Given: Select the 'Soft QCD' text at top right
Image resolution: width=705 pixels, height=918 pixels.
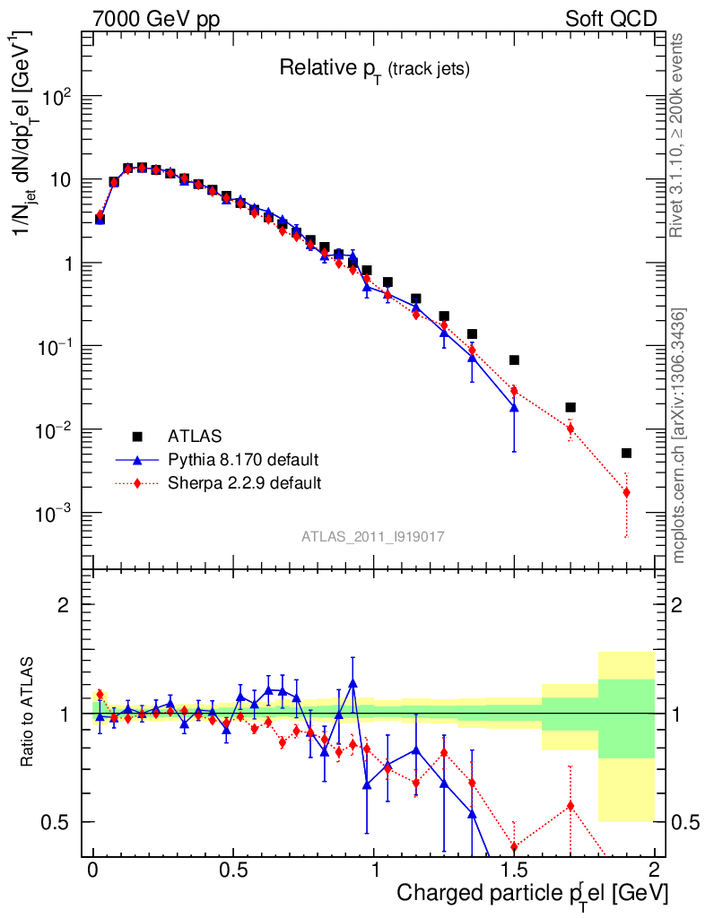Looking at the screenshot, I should (x=611, y=19).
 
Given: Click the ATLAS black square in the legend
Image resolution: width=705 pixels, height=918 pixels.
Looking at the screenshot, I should (x=138, y=437).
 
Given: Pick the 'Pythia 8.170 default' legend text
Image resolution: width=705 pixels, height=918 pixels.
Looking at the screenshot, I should (x=243, y=460).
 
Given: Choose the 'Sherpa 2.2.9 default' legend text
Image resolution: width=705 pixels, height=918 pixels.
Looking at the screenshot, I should (x=245, y=483).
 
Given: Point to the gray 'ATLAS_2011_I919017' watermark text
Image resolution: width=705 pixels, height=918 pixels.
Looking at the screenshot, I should (x=373, y=536).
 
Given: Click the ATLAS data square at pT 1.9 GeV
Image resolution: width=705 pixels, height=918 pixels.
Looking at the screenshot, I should (x=626, y=453).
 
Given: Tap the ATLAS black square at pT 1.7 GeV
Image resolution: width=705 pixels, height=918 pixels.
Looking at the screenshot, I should (x=570, y=407).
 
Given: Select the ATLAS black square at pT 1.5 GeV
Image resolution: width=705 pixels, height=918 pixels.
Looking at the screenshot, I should (x=514, y=359).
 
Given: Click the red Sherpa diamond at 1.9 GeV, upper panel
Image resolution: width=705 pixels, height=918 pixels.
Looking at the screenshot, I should (x=626, y=492).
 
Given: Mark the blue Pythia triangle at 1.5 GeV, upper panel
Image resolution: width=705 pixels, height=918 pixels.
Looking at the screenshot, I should (x=514, y=407).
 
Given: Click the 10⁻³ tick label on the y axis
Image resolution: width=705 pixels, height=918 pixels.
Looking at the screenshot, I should (x=56, y=514).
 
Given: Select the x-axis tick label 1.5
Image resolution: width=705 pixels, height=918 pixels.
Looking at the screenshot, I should (x=514, y=870).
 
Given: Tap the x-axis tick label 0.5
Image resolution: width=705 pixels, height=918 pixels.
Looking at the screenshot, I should (x=233, y=870).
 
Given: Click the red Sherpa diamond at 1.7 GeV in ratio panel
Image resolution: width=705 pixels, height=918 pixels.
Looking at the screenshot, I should (x=570, y=805).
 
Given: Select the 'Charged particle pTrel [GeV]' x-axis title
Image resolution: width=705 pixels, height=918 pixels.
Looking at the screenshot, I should (x=532, y=893).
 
